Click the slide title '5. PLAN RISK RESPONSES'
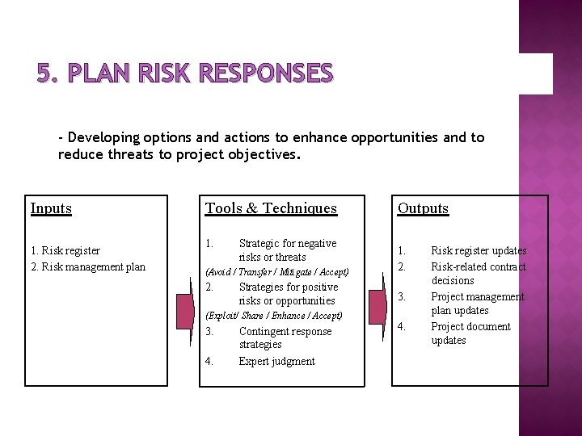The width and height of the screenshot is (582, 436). (184, 73)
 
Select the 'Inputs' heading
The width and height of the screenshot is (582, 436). (51, 208)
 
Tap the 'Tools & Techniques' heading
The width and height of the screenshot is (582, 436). (271, 208)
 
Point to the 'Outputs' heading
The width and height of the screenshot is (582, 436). (422, 208)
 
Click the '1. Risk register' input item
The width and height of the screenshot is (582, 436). (65, 251)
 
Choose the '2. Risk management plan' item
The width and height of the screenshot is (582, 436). (88, 266)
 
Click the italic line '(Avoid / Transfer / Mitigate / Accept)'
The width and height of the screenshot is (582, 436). (277, 272)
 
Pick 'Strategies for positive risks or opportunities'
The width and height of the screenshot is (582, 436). (287, 294)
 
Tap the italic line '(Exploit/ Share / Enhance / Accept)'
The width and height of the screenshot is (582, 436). (274, 316)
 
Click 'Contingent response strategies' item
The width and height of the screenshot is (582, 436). (285, 337)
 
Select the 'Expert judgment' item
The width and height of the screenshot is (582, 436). (276, 361)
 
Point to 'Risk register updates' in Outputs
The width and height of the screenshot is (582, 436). (478, 251)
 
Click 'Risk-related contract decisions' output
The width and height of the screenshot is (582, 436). (478, 273)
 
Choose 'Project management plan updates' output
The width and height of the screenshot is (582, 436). (477, 304)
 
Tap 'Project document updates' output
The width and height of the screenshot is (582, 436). (470, 333)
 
